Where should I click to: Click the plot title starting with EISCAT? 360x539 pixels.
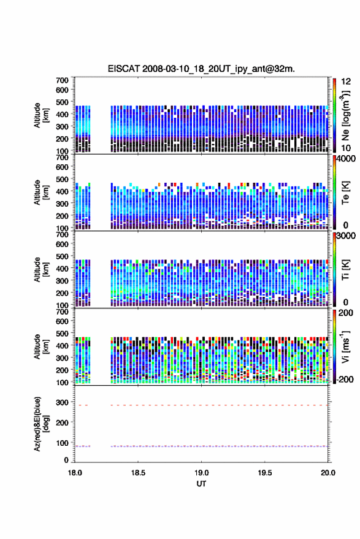pos(201,69)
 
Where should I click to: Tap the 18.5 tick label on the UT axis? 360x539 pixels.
pos(138,473)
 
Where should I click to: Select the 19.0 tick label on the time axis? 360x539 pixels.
pos(201,473)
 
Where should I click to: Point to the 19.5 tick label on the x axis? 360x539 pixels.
pos(264,473)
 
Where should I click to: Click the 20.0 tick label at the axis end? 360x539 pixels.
pos(328,473)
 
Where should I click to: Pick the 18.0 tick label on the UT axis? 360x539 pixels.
pos(75,473)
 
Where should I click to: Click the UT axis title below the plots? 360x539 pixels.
pos(201,484)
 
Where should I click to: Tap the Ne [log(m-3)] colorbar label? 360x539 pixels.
pos(345,115)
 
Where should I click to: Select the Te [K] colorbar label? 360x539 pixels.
pos(345,193)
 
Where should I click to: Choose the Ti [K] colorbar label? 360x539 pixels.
pos(345,270)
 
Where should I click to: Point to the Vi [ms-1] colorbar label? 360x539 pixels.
pos(345,346)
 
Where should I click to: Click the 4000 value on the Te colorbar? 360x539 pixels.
pos(347,159)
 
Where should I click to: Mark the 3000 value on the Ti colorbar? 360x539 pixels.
pos(347,236)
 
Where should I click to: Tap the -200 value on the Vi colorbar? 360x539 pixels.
pos(344,379)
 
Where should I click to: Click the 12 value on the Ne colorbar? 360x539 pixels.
pos(347,82)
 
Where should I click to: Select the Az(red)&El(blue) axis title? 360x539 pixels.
pos(41,424)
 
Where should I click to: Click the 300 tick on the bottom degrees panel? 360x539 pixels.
pos(62,402)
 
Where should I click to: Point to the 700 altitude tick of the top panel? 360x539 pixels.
pos(62,80)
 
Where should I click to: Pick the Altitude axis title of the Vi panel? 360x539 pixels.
pos(41,346)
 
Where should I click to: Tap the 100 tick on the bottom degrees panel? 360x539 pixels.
pos(62,443)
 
